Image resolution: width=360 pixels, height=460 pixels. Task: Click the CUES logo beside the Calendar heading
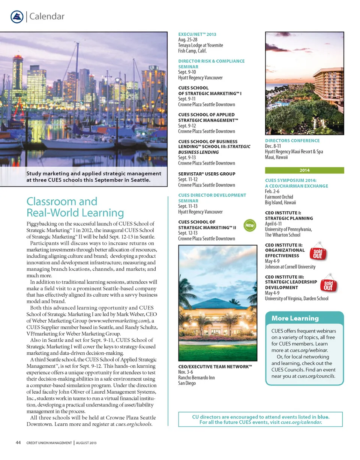click(17, 16)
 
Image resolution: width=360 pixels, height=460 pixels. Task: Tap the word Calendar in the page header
click(47, 16)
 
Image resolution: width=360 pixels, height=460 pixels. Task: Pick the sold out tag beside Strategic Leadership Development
click(328, 284)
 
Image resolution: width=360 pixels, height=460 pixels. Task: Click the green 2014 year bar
click(304, 170)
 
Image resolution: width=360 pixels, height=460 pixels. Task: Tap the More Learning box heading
click(295, 318)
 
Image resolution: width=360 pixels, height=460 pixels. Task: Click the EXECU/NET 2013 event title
click(197, 34)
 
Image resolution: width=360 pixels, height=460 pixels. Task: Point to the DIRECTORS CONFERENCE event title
click(292, 140)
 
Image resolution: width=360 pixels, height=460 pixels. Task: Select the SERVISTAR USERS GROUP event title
click(207, 174)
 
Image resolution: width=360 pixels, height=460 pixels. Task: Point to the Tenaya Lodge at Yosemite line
click(201, 45)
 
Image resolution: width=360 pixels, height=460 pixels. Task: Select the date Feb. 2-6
click(274, 191)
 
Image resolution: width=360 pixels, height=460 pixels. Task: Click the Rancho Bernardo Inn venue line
click(196, 378)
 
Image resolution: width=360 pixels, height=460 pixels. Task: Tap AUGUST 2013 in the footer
click(87, 443)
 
